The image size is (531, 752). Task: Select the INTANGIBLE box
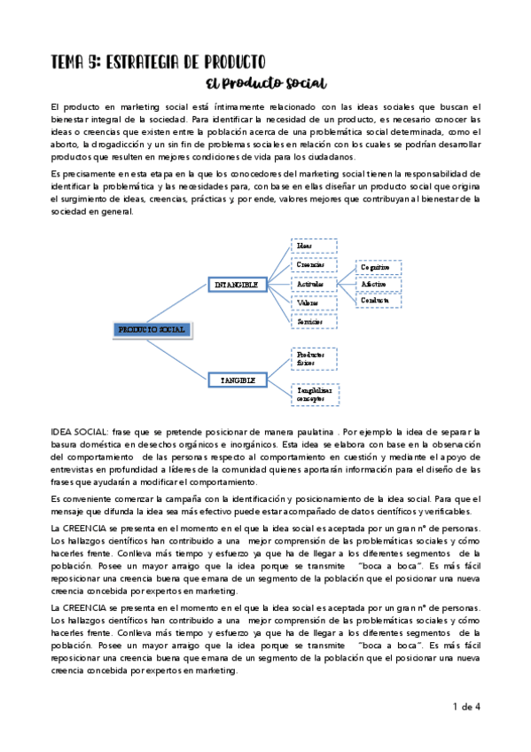(237, 285)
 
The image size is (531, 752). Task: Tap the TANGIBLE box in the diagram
(238, 380)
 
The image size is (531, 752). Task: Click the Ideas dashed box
(314, 245)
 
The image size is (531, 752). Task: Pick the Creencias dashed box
(314, 264)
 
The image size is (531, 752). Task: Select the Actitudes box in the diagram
(314, 284)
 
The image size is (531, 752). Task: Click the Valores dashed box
(314, 302)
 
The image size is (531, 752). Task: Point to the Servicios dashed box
(314, 321)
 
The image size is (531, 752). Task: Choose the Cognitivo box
(379, 267)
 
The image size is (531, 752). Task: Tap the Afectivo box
(379, 284)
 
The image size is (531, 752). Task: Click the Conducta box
(379, 301)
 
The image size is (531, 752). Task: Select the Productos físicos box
(314, 357)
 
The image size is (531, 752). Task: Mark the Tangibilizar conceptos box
(314, 394)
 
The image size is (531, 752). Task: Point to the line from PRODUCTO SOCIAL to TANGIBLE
(177, 352)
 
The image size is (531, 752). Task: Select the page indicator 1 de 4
(465, 707)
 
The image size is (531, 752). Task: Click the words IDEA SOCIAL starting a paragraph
(80, 430)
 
